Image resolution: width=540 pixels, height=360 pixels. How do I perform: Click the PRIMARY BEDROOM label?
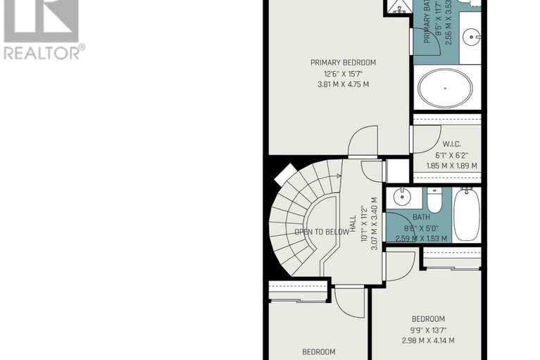click(343, 63)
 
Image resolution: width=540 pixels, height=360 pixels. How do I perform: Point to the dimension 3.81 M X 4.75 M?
click(343, 85)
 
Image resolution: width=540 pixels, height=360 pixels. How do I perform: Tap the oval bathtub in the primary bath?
click(446, 89)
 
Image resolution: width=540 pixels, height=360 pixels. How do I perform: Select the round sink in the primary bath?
click(472, 33)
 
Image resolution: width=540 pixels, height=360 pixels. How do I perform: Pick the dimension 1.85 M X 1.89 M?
click(452, 166)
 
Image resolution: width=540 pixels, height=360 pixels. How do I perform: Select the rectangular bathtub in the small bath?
click(467, 213)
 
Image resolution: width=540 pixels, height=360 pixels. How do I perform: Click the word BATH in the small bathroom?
click(421, 218)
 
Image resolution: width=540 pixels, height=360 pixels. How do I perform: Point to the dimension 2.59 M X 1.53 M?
click(421, 239)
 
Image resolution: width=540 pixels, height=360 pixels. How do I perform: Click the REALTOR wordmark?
click(44, 52)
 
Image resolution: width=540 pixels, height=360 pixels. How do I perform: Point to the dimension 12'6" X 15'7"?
click(343, 74)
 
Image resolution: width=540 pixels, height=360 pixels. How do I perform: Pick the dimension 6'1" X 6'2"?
click(452, 155)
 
